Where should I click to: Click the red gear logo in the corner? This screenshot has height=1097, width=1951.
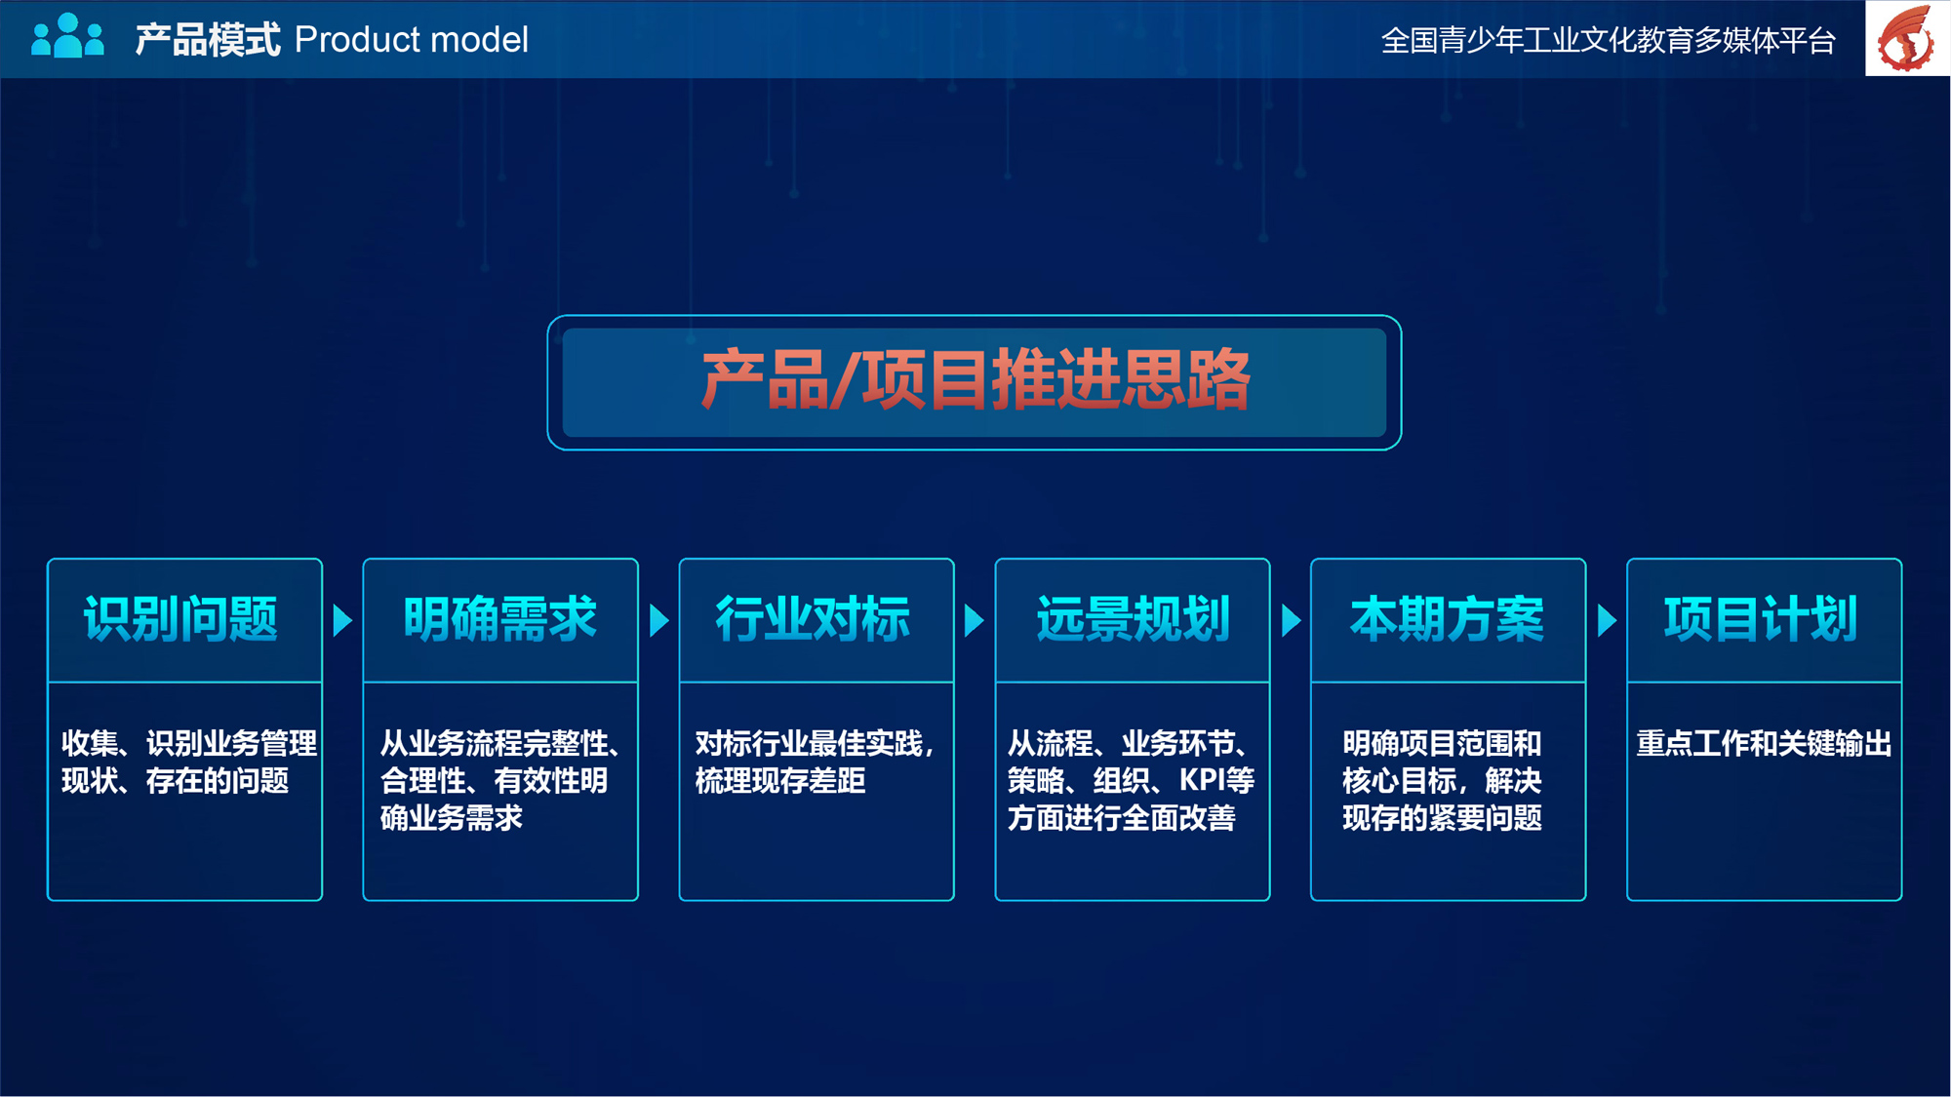pyautogui.click(x=1907, y=38)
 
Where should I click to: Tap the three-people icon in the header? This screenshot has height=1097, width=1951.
pyautogui.click(x=67, y=36)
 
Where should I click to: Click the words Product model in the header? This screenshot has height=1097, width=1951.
pyautogui.click(x=411, y=40)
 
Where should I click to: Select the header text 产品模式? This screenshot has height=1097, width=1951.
pyautogui.click(x=208, y=40)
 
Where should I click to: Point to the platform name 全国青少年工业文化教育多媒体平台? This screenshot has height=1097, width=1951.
pyautogui.click(x=1609, y=41)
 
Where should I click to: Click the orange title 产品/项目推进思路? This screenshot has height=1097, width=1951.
pyautogui.click(x=975, y=379)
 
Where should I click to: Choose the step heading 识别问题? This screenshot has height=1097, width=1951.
pyautogui.click(x=181, y=619)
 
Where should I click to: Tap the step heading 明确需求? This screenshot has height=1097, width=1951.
pyautogui.click(x=500, y=619)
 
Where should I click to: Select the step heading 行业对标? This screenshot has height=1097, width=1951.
pyautogui.click(x=814, y=619)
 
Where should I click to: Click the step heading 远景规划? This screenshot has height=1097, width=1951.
pyautogui.click(x=1133, y=619)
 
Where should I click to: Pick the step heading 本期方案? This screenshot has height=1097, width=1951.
pyautogui.click(x=1448, y=619)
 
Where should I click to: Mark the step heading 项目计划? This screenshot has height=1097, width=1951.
pyautogui.click(x=1762, y=619)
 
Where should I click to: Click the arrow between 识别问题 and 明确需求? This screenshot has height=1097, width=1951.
pyautogui.click(x=342, y=620)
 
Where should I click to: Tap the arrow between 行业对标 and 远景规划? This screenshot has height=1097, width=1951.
pyautogui.click(x=974, y=620)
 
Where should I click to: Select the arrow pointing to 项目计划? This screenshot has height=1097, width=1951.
pyautogui.click(x=1607, y=620)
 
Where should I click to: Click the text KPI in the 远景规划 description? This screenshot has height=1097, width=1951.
pyautogui.click(x=1202, y=781)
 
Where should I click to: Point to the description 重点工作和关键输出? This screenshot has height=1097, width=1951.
pyautogui.click(x=1765, y=744)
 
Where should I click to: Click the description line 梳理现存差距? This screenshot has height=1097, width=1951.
pyautogui.click(x=780, y=781)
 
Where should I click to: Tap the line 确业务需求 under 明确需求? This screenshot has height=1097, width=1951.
pyautogui.click(x=452, y=818)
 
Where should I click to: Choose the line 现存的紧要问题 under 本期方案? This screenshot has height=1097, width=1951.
pyautogui.click(x=1443, y=818)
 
